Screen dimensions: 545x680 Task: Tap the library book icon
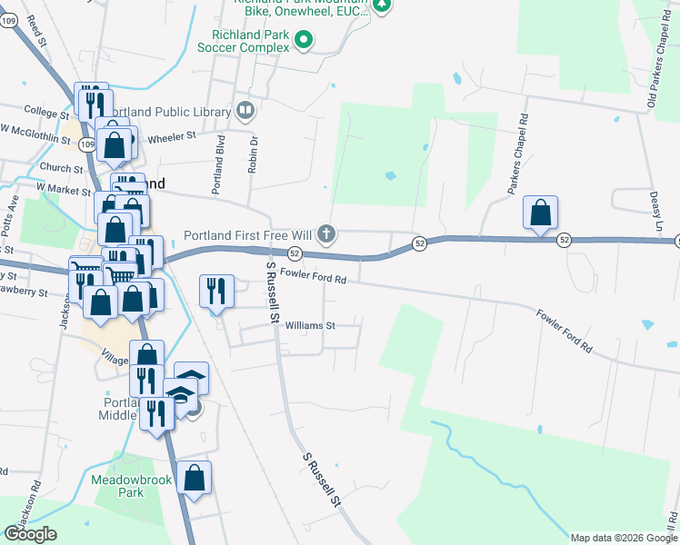pyautogui.click(x=245, y=111)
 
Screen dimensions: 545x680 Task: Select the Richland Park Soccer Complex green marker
pyautogui.click(x=304, y=39)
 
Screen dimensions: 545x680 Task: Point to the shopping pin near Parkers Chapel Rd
pyautogui.click(x=541, y=213)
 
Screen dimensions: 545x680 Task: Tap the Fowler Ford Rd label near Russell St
pyautogui.click(x=314, y=275)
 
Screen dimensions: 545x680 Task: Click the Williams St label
pyautogui.click(x=310, y=324)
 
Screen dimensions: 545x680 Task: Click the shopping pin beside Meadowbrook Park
pyautogui.click(x=195, y=478)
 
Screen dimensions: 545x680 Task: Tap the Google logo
pyautogui.click(x=30, y=534)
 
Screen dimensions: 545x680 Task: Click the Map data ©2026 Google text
pyautogui.click(x=623, y=538)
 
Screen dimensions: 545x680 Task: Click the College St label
pyautogui.click(x=46, y=113)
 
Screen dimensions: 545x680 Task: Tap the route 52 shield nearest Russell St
pyautogui.click(x=295, y=253)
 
